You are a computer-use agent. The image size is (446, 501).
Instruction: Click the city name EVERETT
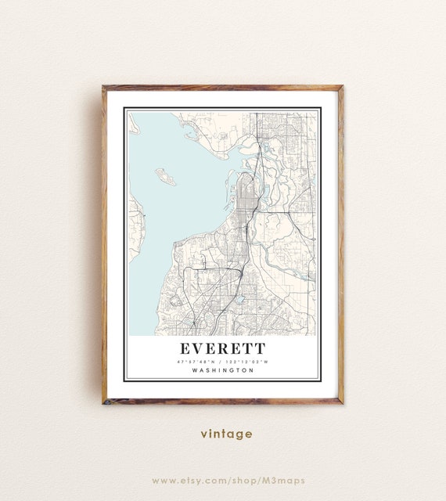click(223, 348)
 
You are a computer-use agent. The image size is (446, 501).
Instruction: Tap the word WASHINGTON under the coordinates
click(223, 370)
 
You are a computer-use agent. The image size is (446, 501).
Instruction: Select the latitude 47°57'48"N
click(199, 361)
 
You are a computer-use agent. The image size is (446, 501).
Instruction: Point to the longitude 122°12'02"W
click(249, 361)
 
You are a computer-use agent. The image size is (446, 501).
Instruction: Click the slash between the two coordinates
click(223, 361)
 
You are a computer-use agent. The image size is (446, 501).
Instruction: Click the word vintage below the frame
click(226, 434)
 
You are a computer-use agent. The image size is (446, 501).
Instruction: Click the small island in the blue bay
click(165, 176)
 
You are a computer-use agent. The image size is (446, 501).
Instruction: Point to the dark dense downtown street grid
click(246, 196)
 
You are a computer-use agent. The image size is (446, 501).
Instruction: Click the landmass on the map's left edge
click(135, 227)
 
